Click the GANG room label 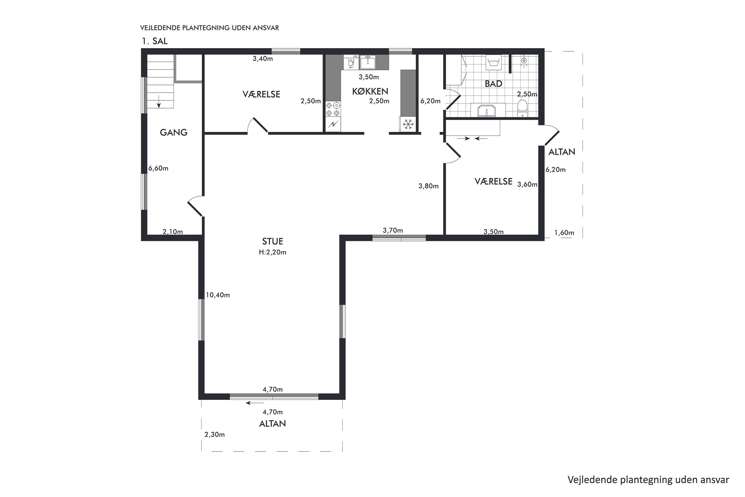[x=174, y=132]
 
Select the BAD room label [x=493, y=84]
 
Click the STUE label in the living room [x=272, y=242]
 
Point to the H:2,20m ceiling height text [x=272, y=252]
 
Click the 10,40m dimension [x=218, y=295]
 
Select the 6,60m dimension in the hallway [x=158, y=168]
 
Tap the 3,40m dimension [x=262, y=59]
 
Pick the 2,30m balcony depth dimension [x=215, y=435]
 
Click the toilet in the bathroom [x=522, y=108]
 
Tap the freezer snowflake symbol [x=408, y=124]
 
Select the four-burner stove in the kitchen [x=333, y=109]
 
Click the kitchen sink [x=368, y=62]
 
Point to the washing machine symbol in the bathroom [x=493, y=62]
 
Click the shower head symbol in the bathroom [x=524, y=60]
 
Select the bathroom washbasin [x=486, y=110]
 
